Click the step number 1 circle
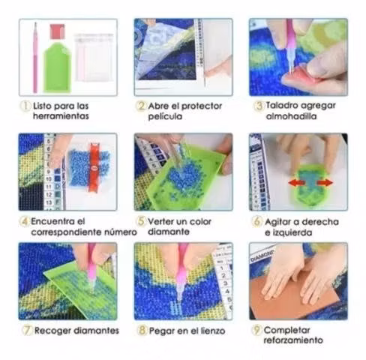(x=25, y=106)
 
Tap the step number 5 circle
(x=141, y=221)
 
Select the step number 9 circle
(x=256, y=330)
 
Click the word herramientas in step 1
(x=61, y=116)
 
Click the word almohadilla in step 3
(x=291, y=116)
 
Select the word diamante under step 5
(x=169, y=232)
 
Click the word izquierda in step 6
(x=292, y=232)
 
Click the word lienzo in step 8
(x=213, y=331)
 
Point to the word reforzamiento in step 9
(x=293, y=340)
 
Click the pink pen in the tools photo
(x=35, y=58)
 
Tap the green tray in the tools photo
(x=58, y=67)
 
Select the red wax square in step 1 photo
(x=57, y=31)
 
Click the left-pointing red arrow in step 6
(x=297, y=183)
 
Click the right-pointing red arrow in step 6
(x=325, y=183)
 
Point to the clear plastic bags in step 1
(x=93, y=58)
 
